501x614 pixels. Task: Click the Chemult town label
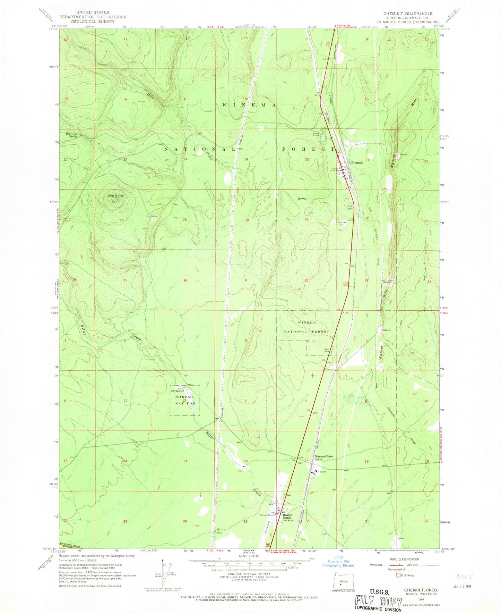(x=357, y=162)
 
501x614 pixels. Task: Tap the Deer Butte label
(x=115, y=195)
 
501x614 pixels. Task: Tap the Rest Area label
(x=327, y=350)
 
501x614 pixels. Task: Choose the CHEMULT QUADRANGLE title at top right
(x=408, y=14)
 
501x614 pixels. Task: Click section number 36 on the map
(x=185, y=280)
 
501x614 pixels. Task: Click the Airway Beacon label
(x=268, y=515)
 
